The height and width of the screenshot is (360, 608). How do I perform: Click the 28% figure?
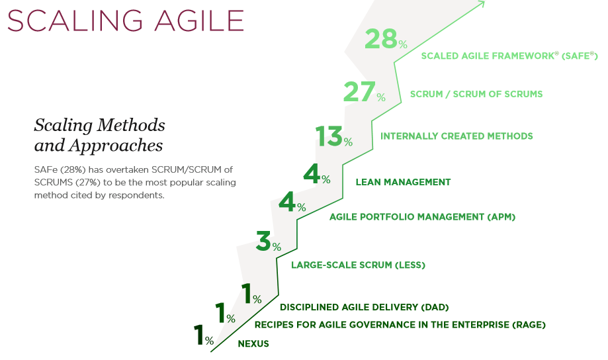[386, 39]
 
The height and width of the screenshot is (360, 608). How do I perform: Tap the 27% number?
[365, 92]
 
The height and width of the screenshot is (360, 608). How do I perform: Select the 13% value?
[334, 136]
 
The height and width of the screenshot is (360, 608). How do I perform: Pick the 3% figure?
[269, 241]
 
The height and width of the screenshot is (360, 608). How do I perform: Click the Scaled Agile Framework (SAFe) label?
[509, 56]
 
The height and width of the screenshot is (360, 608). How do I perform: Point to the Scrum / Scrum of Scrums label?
[476, 94]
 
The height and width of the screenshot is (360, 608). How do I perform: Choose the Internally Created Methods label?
[456, 136]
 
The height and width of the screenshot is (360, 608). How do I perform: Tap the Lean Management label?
[404, 182]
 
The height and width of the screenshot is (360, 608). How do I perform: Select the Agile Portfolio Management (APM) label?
[422, 217]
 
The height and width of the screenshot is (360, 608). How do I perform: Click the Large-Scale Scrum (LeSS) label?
[359, 265]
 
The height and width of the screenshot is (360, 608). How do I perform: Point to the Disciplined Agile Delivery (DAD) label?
[364, 307]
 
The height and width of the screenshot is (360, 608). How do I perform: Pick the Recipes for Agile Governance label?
[400, 325]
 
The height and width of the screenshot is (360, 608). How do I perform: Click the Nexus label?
[253, 343]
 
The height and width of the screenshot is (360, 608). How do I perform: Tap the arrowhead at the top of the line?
[482, 3]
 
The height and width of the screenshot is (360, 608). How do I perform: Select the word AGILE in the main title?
[199, 21]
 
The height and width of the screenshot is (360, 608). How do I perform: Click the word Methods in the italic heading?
[131, 125]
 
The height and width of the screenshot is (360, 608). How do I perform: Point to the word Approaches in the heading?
[116, 146]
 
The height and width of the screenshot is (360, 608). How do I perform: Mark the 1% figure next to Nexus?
[204, 335]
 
